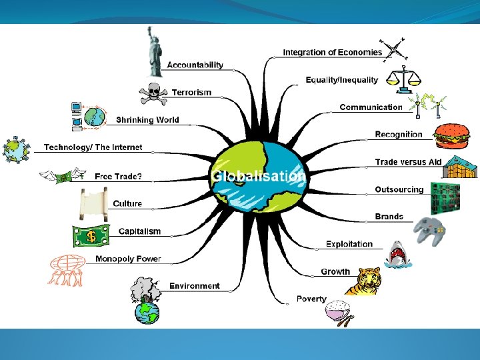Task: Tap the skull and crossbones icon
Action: pyautogui.click(x=153, y=93)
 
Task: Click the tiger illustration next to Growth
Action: pyautogui.click(x=363, y=280)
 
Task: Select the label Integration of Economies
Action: pyautogui.click(x=332, y=52)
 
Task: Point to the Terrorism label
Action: pyautogui.click(x=191, y=92)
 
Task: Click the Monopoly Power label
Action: pyautogui.click(x=128, y=259)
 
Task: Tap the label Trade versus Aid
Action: pyautogui.click(x=408, y=162)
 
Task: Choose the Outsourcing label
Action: pyautogui.click(x=399, y=189)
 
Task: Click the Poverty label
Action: pyautogui.click(x=311, y=299)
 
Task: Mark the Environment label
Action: pyautogui.click(x=194, y=286)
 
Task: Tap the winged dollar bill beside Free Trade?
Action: pyautogui.click(x=63, y=177)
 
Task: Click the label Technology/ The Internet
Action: pyautogui.click(x=93, y=147)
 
